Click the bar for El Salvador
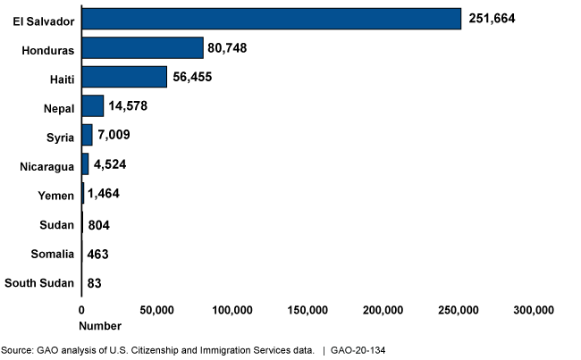click(271, 19)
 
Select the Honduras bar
click(142, 47)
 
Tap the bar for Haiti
click(124, 77)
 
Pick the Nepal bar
click(92, 105)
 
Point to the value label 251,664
click(493, 19)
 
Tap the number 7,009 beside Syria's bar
click(114, 136)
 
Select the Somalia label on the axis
click(51, 254)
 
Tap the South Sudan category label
click(39, 283)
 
